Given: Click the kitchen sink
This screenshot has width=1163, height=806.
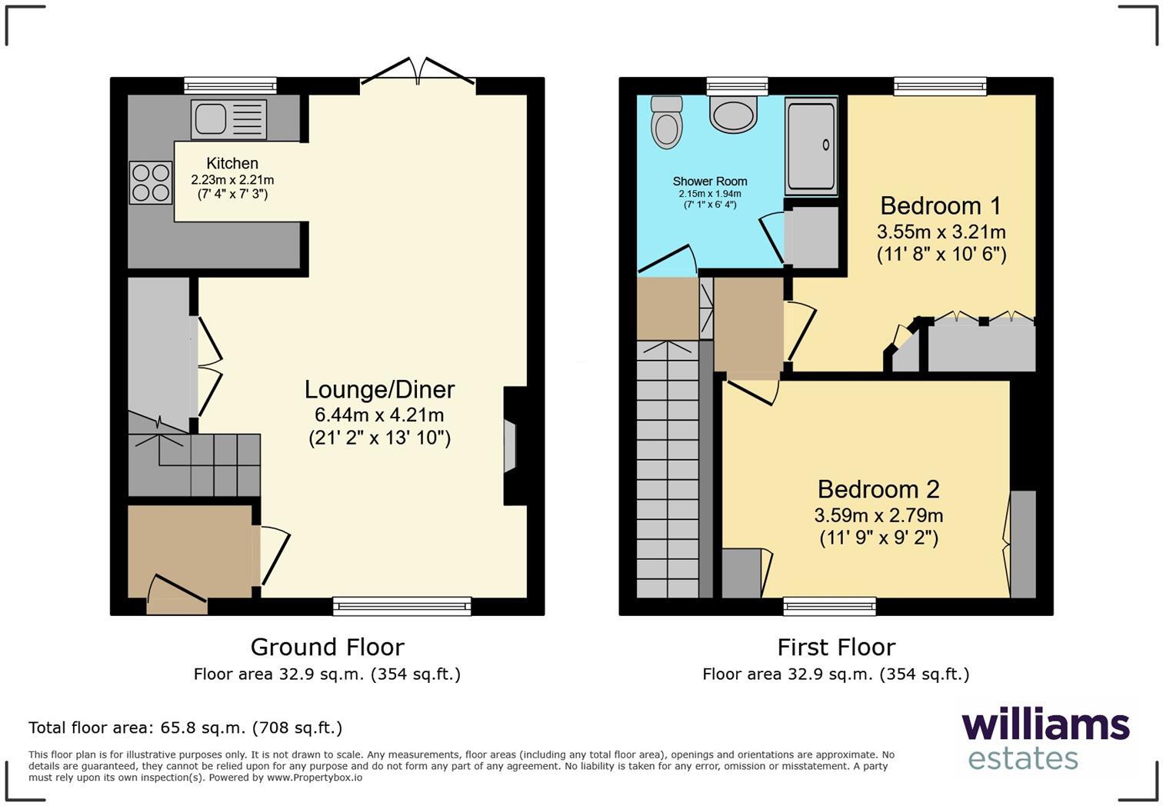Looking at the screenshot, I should [228, 119].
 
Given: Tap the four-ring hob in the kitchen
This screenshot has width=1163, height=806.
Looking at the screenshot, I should [151, 182].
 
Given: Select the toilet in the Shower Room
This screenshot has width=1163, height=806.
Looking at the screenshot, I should [666, 122].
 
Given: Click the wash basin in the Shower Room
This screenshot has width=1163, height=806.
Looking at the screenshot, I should [734, 115].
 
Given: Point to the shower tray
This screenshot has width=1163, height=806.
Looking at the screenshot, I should [811, 145].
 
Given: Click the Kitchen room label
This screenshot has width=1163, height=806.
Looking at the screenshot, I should [232, 163].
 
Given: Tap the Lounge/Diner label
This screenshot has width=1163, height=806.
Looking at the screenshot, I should [379, 390].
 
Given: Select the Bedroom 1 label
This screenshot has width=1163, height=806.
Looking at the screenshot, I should [941, 206].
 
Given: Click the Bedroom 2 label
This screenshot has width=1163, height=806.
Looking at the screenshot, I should [878, 490].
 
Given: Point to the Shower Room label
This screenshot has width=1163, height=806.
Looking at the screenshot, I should [710, 182].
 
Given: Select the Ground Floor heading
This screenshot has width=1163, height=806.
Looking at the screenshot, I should [327, 647].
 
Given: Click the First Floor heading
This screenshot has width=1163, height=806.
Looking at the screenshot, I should [836, 647].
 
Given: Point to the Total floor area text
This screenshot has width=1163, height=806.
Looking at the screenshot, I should [185, 728].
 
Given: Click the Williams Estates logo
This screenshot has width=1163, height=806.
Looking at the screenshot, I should [1045, 738].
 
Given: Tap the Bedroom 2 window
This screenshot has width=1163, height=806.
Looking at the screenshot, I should [829, 607].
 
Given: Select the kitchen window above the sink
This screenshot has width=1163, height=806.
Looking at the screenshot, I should [230, 85].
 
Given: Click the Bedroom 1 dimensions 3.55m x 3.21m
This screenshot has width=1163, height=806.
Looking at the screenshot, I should [941, 231].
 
